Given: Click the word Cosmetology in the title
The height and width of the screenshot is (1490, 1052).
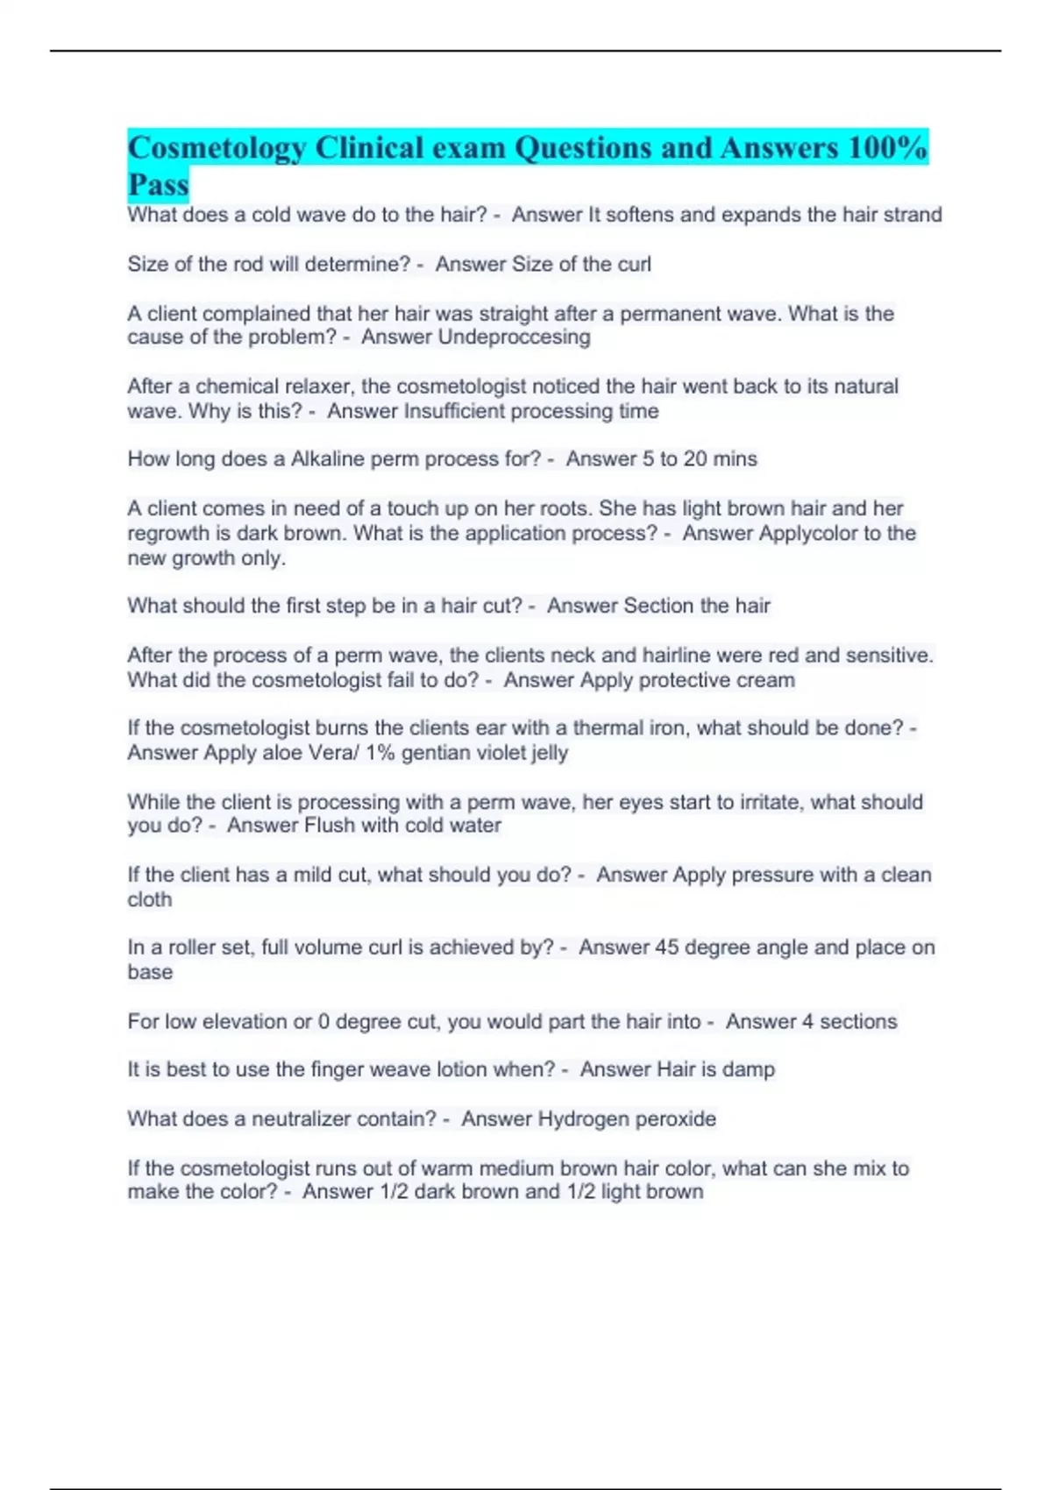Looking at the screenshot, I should point(217,148).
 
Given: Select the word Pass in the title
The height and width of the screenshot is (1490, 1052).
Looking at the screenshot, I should point(158,185).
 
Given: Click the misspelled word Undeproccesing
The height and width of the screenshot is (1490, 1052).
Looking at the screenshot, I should point(514,337).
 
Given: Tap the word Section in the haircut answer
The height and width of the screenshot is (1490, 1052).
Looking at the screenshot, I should point(658,606).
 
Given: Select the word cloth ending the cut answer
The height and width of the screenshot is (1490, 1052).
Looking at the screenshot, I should point(150,899).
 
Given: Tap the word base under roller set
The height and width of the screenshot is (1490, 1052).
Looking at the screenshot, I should point(150,972).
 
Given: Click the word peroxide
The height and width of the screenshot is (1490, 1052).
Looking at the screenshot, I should point(676,1119).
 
